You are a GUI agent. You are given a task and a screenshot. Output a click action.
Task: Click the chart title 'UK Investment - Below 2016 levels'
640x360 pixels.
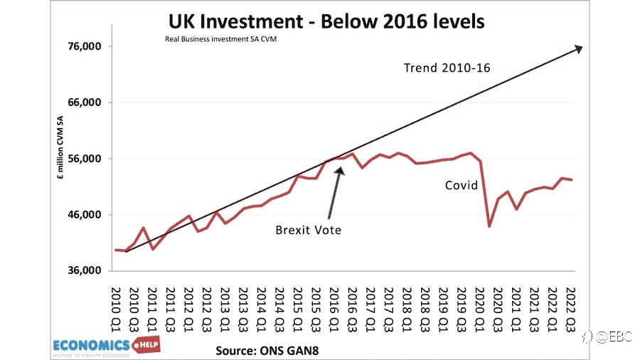point(326,21)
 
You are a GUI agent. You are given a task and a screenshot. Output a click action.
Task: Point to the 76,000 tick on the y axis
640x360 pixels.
point(85,46)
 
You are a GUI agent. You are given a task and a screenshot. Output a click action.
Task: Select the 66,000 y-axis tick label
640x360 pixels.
point(85,102)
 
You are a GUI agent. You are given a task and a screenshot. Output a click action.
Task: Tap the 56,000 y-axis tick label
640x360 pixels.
point(85,159)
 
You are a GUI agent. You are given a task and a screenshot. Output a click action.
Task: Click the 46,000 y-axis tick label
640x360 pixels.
point(85,215)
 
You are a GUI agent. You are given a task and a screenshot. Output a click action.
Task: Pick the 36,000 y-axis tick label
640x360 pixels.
point(85,270)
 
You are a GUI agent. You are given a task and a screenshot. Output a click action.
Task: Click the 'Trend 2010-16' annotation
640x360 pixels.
point(447,68)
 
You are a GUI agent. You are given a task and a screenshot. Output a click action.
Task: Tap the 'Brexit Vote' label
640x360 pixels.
point(308,231)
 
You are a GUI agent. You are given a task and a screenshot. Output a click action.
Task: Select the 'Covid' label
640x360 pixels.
point(462,185)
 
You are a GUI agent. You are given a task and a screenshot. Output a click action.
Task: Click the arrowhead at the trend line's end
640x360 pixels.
point(579,49)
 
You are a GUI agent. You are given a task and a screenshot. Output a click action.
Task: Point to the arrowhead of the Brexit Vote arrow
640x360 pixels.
point(340,170)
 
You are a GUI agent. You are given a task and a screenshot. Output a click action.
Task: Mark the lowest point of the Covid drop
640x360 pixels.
point(489,226)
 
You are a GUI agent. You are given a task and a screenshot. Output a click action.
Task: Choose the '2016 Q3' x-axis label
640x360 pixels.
point(352,309)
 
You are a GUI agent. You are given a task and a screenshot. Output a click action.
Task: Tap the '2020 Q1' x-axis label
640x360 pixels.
point(479,309)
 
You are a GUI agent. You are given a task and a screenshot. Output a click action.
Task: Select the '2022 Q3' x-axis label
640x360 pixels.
point(570,309)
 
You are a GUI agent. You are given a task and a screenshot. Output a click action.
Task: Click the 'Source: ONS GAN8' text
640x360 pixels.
point(267,351)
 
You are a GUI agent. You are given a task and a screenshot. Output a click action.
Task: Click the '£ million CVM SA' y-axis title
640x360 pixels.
point(60,148)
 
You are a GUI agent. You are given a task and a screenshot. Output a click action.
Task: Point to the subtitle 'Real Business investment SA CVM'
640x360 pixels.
point(221,39)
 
